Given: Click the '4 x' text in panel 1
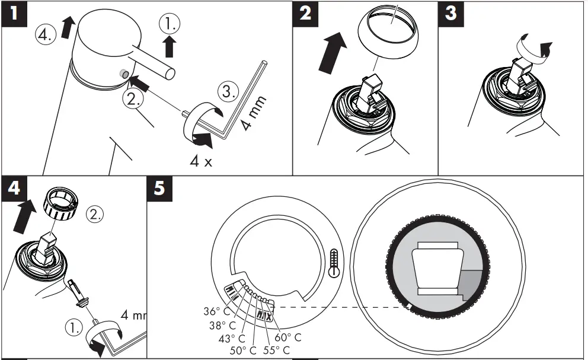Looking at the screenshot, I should click(200, 161).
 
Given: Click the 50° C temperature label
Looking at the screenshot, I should click(243, 349).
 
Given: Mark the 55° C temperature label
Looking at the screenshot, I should click(276, 349).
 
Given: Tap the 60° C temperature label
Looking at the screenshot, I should click(288, 337).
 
